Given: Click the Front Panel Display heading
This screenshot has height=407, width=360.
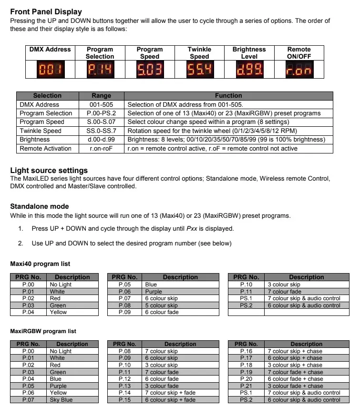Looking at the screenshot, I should [46, 11].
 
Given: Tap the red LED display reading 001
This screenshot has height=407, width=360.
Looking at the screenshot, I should [50, 71].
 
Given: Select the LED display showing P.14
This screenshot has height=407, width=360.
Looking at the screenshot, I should [100, 71].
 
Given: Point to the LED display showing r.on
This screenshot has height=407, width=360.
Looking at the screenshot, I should [299, 71].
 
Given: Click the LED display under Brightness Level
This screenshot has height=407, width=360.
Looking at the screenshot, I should [249, 71].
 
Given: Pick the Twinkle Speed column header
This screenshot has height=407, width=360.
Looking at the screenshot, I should [199, 53].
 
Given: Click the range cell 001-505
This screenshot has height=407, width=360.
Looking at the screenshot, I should [101, 104].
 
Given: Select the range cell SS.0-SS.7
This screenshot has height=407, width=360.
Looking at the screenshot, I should [101, 131].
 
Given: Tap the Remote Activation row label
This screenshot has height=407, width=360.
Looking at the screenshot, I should [45, 148].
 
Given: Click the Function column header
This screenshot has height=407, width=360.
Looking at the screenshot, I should [228, 96].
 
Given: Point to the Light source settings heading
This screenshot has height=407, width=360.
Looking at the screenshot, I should [49, 171].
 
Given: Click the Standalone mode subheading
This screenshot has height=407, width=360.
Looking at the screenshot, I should [39, 206].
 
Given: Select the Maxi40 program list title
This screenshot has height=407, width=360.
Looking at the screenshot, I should [40, 264].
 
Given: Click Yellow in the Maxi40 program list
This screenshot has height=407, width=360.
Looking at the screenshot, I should [58, 312].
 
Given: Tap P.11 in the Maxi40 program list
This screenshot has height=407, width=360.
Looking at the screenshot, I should [246, 292].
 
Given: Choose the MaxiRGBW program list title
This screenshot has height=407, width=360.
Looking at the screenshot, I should [43, 331].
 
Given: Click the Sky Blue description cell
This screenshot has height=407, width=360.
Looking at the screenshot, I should [61, 400].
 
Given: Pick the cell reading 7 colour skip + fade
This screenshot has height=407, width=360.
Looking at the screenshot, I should [170, 393].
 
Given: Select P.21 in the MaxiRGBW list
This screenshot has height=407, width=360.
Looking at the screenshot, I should [246, 386].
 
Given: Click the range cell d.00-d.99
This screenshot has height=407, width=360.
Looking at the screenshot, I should [101, 140].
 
